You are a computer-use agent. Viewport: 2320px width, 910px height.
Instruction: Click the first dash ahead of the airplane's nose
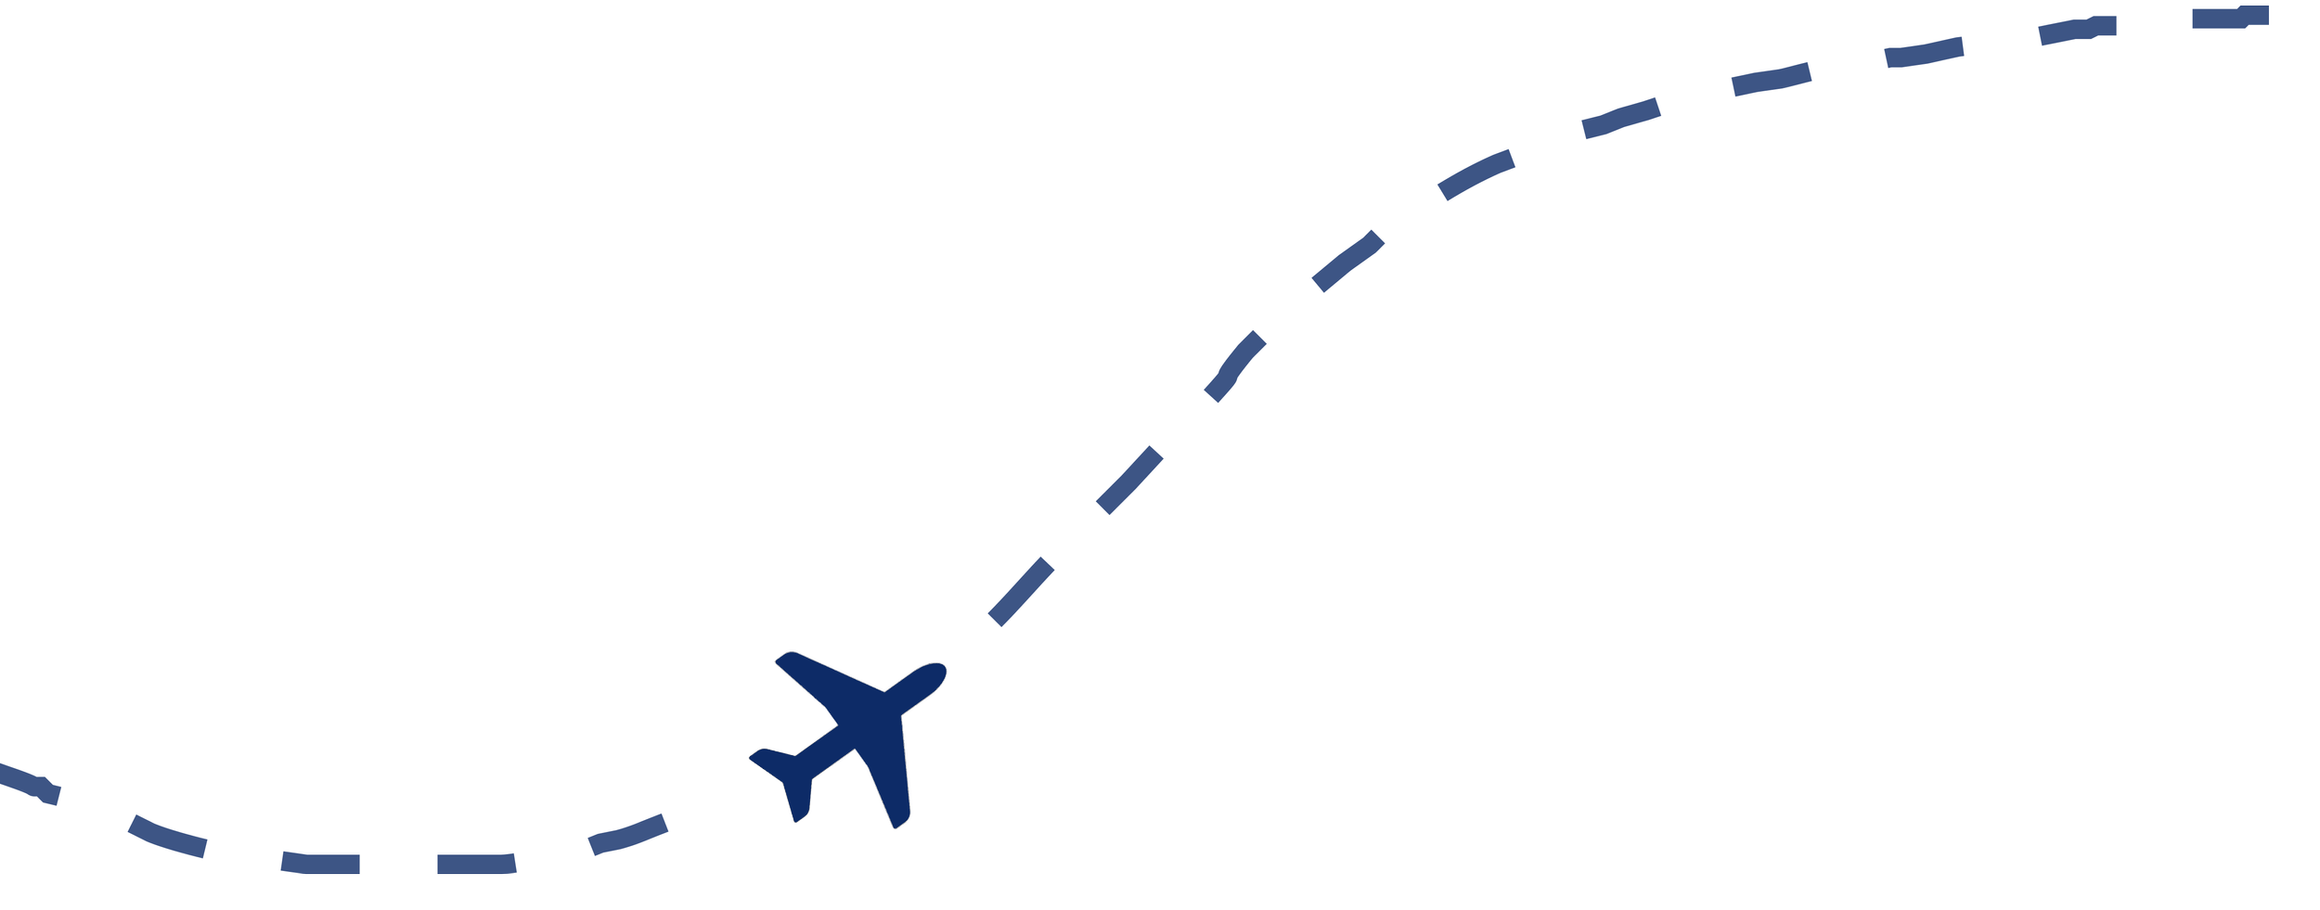[1021, 592]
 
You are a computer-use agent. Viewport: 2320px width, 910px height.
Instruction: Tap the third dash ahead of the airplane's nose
[1234, 366]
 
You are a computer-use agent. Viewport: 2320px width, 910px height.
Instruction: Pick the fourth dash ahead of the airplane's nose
[1347, 262]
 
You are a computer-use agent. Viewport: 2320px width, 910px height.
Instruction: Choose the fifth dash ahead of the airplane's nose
[1476, 174]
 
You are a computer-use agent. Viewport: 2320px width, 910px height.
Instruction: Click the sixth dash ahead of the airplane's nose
[1620, 118]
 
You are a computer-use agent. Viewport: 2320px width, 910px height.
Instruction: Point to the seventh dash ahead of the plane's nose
[1771, 79]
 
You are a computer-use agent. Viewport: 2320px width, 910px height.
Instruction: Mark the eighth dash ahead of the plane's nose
[1924, 52]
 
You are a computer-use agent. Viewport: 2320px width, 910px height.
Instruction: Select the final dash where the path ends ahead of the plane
[2230, 17]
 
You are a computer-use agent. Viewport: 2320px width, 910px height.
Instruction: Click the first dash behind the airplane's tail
[628, 834]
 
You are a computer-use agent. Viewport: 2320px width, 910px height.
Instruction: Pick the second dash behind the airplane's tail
[476, 863]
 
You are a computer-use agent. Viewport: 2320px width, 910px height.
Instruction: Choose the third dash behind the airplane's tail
[320, 863]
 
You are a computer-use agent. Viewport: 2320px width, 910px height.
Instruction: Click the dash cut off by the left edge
[28, 783]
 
